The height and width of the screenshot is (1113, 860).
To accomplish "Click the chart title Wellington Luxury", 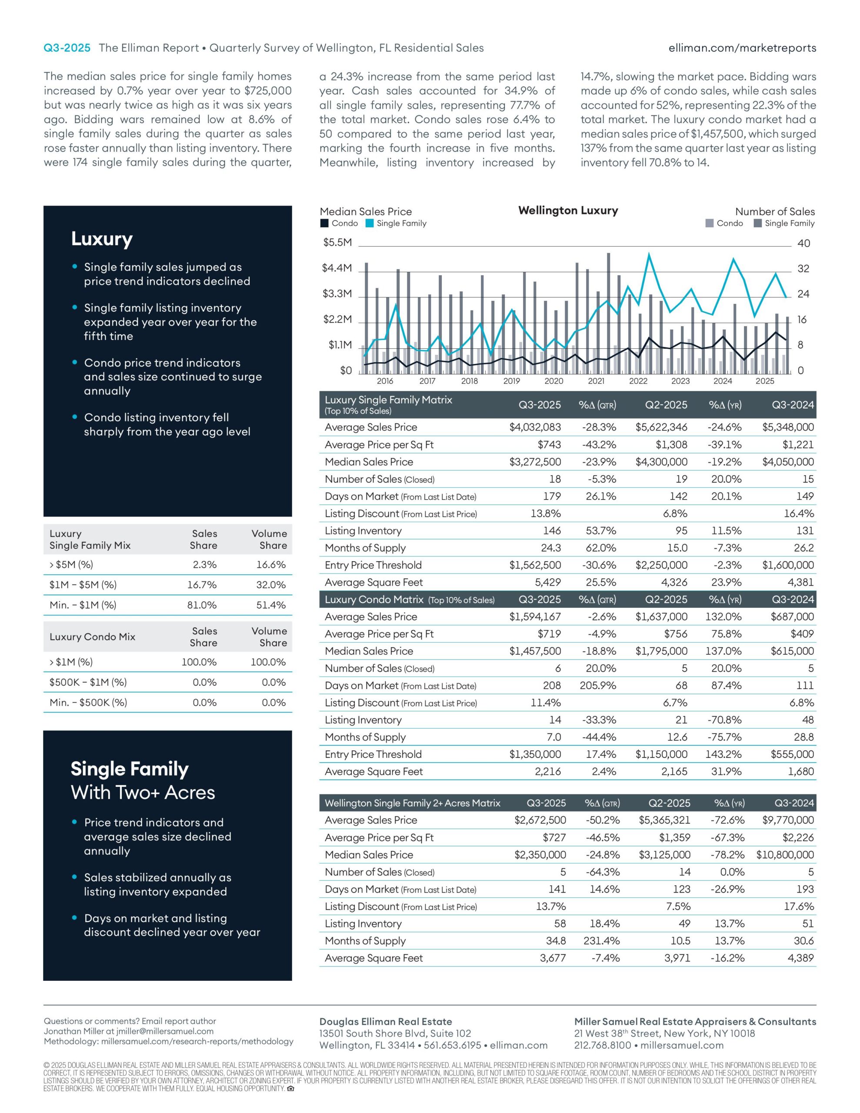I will point(568,210).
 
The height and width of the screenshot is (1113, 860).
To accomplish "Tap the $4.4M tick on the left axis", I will point(337,268).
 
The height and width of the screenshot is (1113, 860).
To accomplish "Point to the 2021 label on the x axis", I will point(596,381).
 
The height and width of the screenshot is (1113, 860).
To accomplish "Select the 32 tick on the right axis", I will point(803,269).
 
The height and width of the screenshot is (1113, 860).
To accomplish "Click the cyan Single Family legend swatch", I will point(370,223).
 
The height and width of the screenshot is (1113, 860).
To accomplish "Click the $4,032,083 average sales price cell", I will point(535,427).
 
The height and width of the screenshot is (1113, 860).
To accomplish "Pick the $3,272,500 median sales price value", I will point(535,462).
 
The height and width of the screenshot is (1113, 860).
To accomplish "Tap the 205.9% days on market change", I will point(597,686).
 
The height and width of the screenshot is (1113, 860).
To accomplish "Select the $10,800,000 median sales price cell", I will point(785,855).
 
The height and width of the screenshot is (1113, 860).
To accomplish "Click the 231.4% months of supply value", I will point(602,941).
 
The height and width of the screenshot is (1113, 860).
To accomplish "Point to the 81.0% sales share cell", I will point(202,605).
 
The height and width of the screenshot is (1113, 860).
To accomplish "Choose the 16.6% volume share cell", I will point(271,565).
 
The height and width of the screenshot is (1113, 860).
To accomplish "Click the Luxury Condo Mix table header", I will point(92,636).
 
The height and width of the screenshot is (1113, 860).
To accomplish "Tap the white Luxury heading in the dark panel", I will point(102,239).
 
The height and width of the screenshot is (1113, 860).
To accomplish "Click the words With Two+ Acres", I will point(143,793).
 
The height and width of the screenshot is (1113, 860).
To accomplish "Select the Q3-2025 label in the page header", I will point(67,48).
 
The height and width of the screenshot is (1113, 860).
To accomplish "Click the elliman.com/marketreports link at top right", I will point(742,48).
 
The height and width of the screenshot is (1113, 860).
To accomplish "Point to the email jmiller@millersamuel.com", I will point(165,1031).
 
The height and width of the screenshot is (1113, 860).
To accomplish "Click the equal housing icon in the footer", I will point(291,1089).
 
